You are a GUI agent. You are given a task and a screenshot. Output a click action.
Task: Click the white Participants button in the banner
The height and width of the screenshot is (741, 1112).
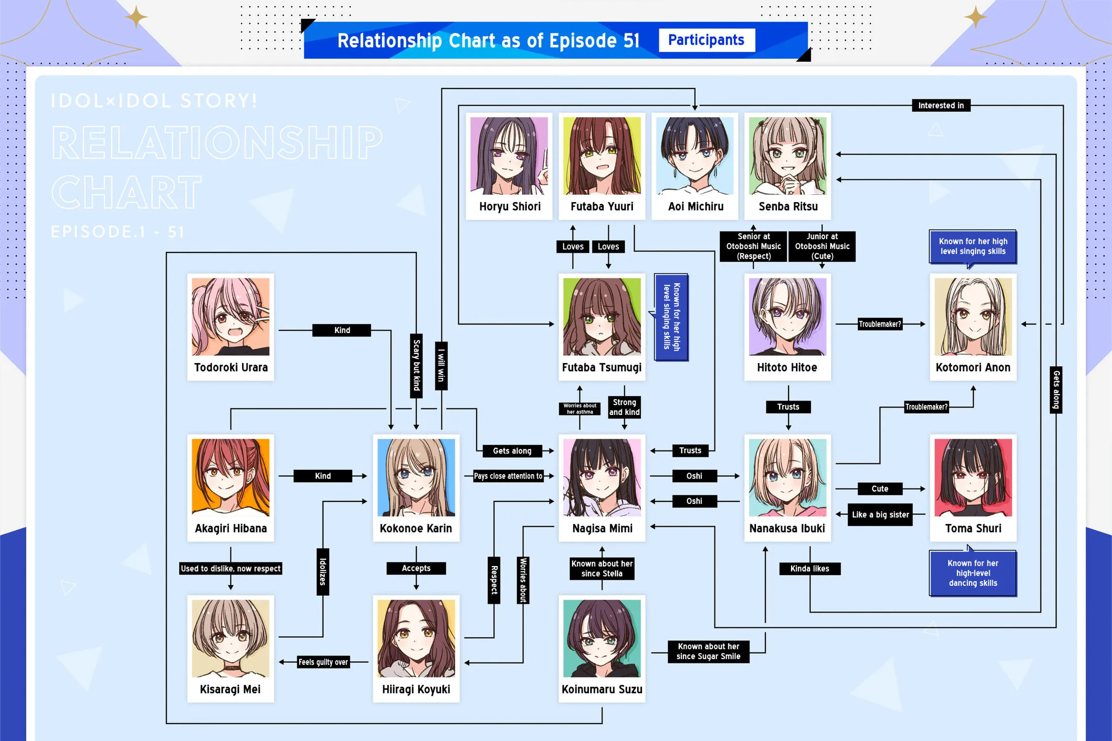coord(707,40)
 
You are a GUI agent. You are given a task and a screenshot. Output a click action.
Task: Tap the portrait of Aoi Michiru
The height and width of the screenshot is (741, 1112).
coord(695,156)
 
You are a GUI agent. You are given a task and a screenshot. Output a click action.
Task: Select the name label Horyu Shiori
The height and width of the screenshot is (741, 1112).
coord(510,206)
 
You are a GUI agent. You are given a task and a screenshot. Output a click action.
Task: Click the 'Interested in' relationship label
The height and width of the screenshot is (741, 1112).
coord(941,105)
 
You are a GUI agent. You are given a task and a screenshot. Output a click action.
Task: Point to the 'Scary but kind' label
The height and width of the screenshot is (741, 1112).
coord(416,366)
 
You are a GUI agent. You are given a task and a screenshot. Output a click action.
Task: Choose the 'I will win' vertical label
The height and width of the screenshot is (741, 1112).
coord(441,366)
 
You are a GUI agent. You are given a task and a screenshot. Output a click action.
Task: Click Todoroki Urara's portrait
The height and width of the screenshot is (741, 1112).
coord(231,317)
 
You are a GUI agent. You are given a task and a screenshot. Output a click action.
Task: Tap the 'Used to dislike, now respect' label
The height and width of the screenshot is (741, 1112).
coord(231,569)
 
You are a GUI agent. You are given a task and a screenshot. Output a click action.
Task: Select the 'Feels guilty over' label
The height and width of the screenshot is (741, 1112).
coord(323,662)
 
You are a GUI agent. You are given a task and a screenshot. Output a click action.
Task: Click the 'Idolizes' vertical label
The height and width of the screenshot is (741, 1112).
coord(323,572)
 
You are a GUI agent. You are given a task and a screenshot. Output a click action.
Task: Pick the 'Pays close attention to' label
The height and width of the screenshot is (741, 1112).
coord(508,476)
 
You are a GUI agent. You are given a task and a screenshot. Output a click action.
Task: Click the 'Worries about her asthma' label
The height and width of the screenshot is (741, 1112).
coord(580,409)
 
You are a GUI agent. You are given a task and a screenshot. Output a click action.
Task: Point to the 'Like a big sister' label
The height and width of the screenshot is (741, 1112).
coord(880,514)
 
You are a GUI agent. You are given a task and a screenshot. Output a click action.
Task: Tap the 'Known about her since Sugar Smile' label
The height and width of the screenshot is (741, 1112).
coord(709,651)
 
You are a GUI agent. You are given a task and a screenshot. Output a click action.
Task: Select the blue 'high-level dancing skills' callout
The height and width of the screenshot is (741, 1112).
coord(973,573)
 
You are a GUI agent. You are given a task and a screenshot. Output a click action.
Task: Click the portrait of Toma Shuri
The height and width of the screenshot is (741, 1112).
coord(973,478)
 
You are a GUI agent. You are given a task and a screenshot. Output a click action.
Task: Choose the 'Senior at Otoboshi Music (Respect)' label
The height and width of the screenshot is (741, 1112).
coord(754,246)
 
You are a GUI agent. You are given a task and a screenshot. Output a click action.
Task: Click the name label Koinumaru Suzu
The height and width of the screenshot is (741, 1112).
coord(602,689)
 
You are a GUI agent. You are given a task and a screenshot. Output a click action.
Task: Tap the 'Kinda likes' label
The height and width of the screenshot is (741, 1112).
coord(810,569)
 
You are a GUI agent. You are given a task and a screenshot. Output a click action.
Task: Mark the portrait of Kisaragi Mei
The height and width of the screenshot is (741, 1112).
coord(231,638)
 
